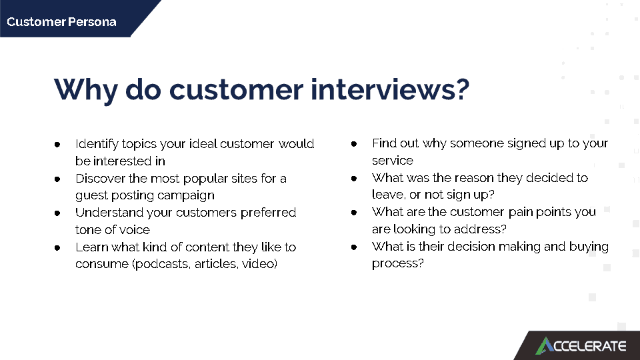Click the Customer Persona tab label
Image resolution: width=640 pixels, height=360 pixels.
point(61,21)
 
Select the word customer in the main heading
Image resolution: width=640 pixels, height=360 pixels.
point(236,90)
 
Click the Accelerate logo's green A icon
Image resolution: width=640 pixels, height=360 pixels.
point(545,346)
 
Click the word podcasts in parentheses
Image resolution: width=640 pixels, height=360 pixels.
point(161,264)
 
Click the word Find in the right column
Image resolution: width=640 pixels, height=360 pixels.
point(384,143)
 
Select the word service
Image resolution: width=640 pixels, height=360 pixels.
point(393,161)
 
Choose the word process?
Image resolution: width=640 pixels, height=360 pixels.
point(397,264)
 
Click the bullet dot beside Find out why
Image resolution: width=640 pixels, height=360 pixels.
point(354,144)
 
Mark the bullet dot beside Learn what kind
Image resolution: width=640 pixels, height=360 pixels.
point(57,248)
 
